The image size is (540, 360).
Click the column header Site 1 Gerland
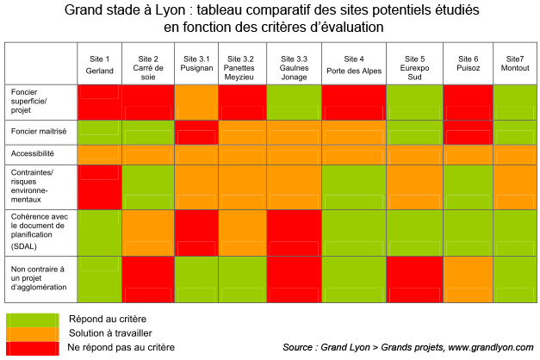pos(100,64)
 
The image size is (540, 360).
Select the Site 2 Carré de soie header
pos(148,64)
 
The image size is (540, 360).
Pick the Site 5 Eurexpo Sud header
pos(416,64)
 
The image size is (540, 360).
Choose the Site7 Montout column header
pos(515,64)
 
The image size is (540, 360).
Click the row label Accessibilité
pos(33,152)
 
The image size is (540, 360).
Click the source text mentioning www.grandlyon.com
pos(407,347)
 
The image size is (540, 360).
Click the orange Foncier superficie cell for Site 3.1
pos(196,102)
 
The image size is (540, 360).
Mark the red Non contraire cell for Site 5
pos(416,279)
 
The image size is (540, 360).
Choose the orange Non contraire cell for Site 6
pos(468,279)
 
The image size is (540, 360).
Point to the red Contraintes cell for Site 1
pos(100,185)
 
